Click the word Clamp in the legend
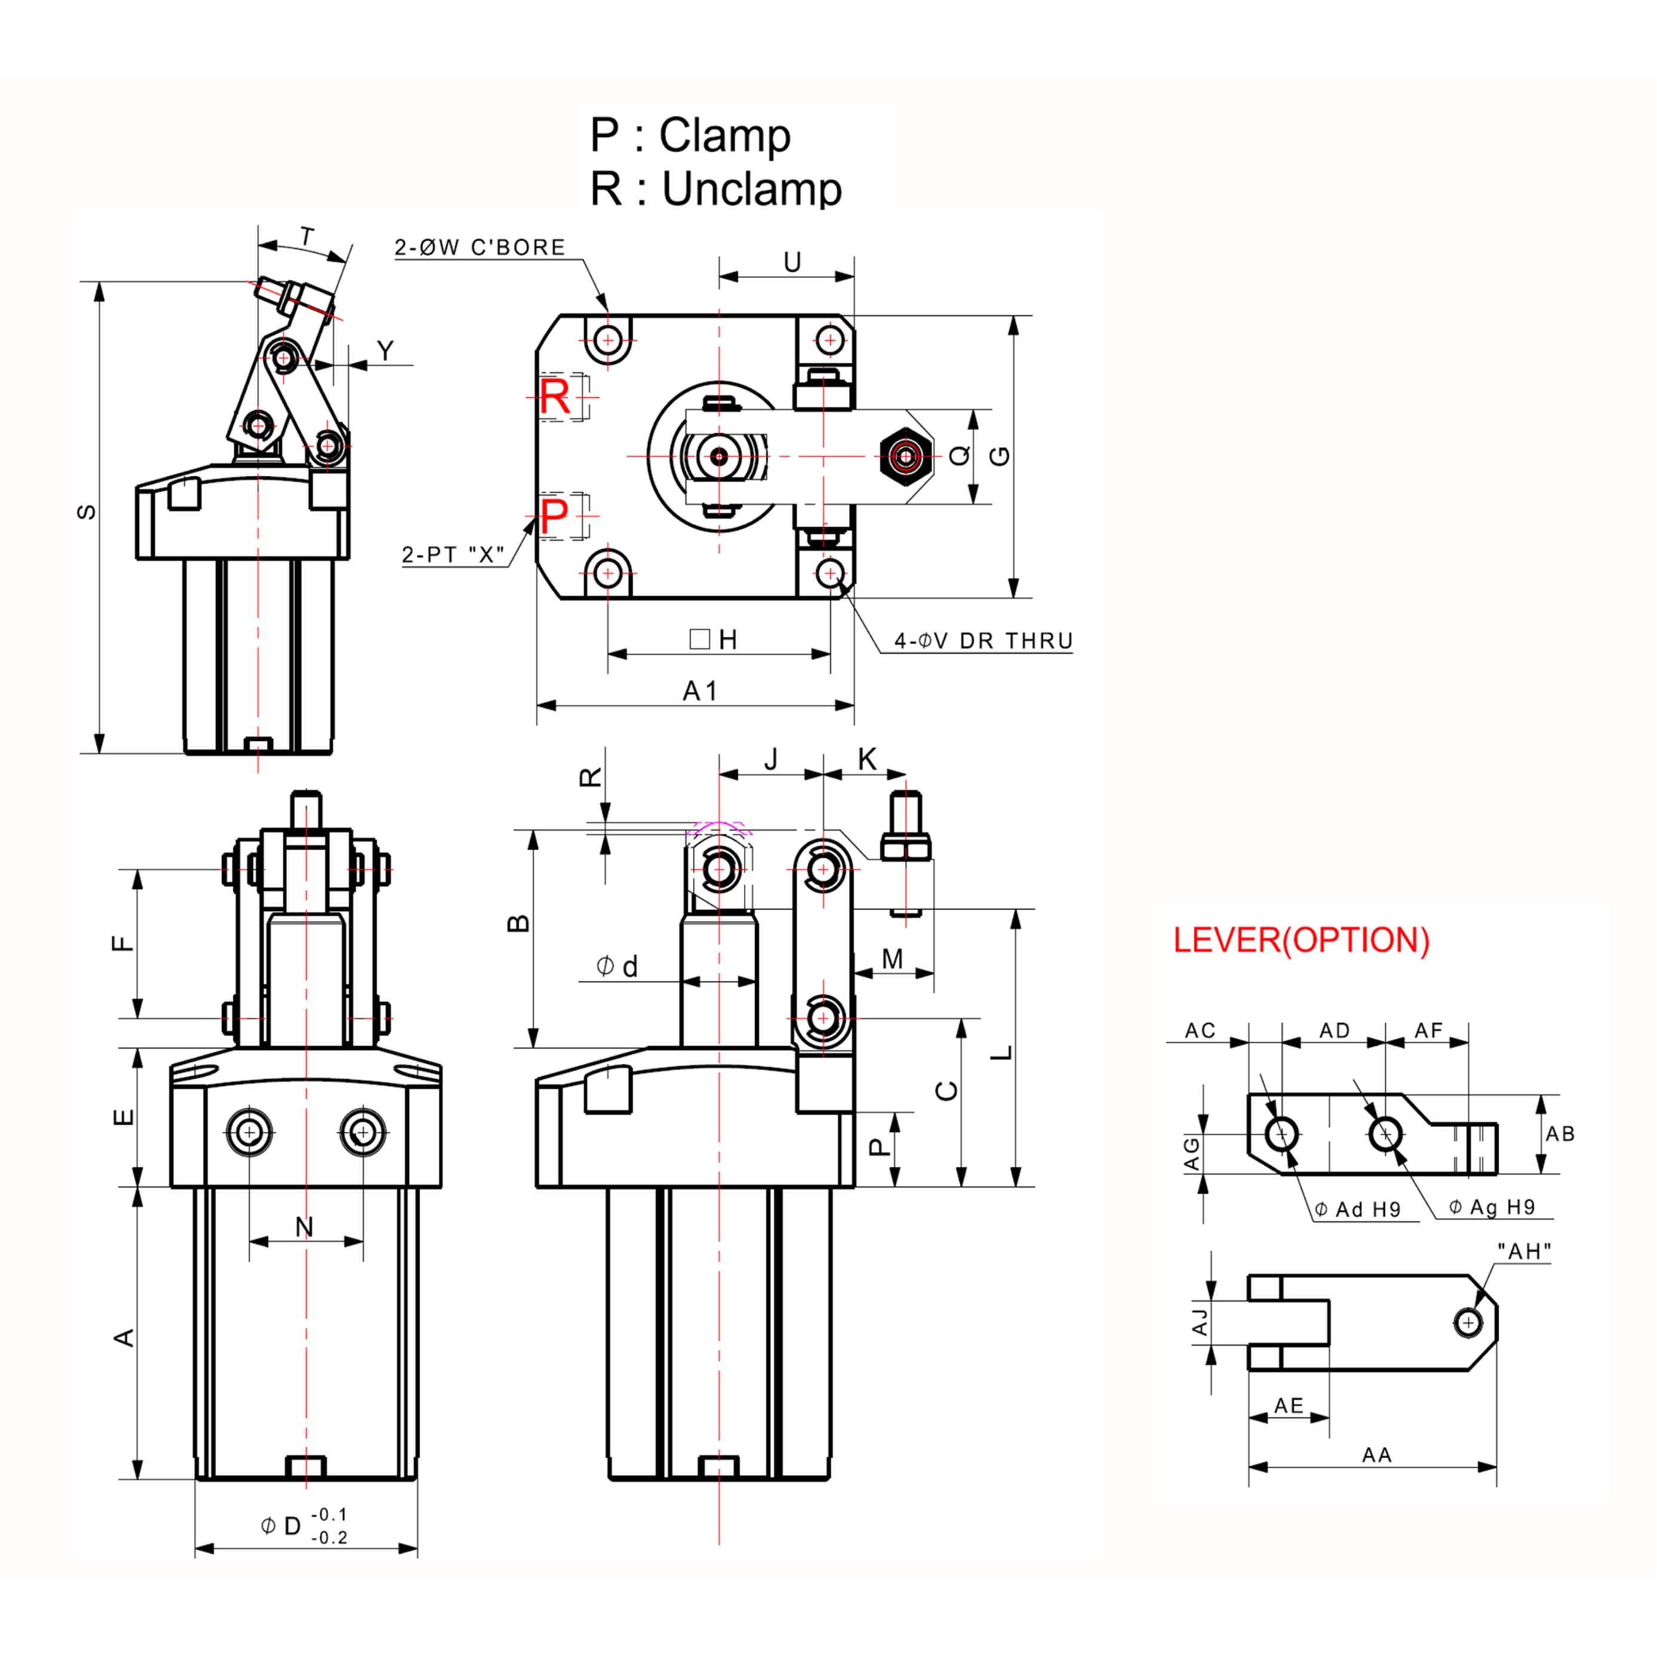click(725, 136)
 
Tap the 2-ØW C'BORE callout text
click(479, 248)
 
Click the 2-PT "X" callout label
click(453, 555)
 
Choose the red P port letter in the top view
click(554, 516)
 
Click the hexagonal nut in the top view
click(906, 456)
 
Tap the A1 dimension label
click(700, 691)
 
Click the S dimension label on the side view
click(87, 512)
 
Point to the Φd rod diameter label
click(618, 966)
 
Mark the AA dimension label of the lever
click(1376, 1455)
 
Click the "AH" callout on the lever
click(1524, 1251)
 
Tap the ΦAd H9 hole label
click(1358, 1209)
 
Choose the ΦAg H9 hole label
click(1492, 1207)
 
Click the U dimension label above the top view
click(793, 263)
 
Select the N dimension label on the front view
click(304, 1227)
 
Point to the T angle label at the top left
click(307, 236)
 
